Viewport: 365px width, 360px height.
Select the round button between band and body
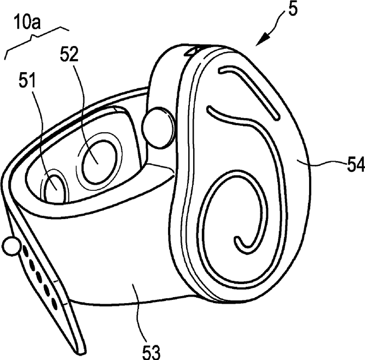tap(158, 128)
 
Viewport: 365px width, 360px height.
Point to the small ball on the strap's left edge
tap(10, 247)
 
